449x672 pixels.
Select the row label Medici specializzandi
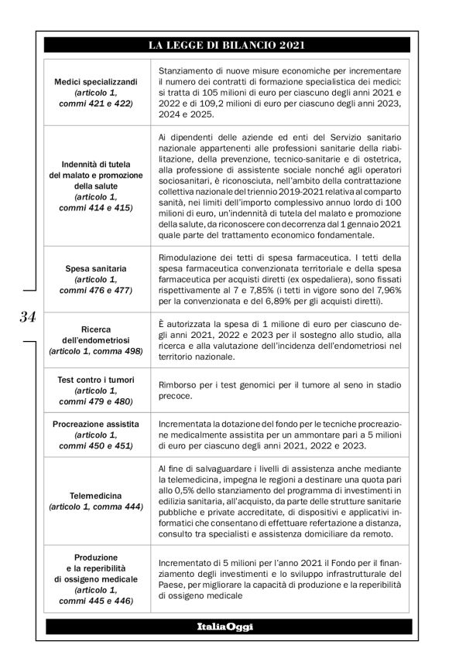(x=97, y=81)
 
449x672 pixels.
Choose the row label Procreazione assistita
(x=97, y=425)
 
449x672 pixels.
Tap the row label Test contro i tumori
(x=97, y=380)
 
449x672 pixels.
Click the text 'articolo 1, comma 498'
(x=97, y=350)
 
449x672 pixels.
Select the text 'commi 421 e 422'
(x=97, y=103)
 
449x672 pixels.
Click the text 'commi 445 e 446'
(x=97, y=599)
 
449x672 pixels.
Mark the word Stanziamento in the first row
(x=186, y=70)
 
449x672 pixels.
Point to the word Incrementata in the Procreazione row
(x=187, y=425)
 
